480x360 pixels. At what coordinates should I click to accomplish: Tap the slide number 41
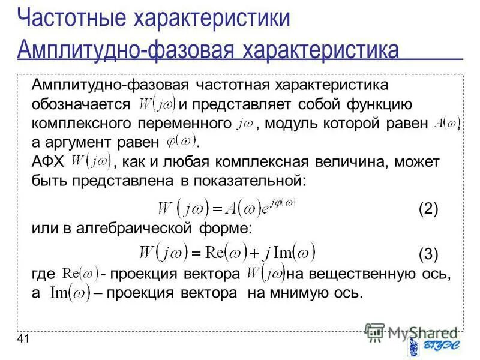23,340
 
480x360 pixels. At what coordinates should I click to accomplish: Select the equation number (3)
428,253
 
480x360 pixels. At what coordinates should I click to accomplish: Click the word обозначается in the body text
81,104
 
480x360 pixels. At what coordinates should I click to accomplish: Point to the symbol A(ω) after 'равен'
445,123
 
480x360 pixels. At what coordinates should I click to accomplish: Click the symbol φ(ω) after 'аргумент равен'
181,142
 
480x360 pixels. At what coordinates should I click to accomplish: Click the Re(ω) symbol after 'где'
81,274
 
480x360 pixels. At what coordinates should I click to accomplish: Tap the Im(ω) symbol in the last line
70,293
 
